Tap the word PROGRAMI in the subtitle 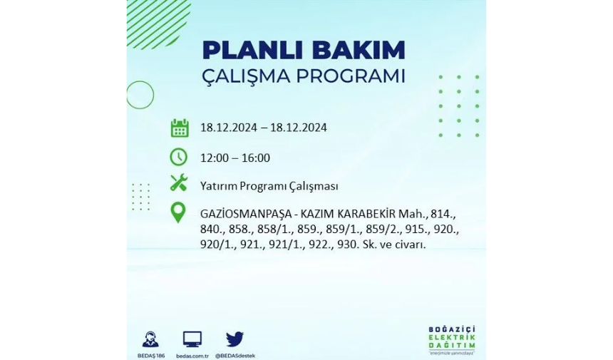(x=350, y=76)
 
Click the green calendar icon (x=180, y=128)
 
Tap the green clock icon (x=179, y=157)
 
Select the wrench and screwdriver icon (x=179, y=183)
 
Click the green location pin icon (x=178, y=213)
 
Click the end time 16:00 (x=256, y=158)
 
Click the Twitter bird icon (x=235, y=339)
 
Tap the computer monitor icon (x=192, y=339)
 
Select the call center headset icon (x=150, y=339)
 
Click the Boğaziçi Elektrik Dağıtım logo (x=451, y=339)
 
